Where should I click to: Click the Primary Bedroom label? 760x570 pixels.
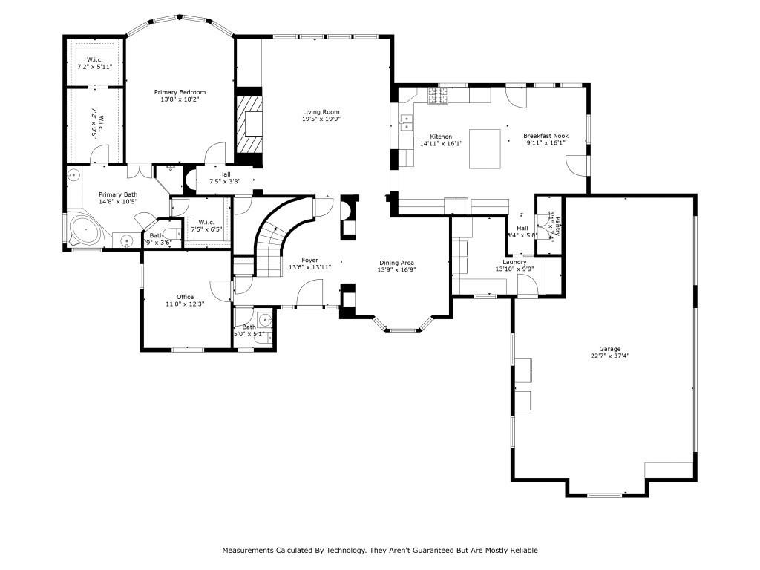(180, 92)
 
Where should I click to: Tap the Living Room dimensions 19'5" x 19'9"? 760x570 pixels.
(321, 119)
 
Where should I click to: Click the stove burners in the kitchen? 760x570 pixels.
(436, 95)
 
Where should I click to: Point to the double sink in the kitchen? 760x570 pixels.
(406, 122)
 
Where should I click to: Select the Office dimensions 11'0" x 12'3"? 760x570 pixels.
(185, 304)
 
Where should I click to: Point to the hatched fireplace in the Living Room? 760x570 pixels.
(249, 124)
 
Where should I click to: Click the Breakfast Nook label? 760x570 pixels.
(546, 136)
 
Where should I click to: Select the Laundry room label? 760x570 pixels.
(514, 262)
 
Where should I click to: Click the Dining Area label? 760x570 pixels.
(396, 263)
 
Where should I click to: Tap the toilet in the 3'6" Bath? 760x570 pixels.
(170, 232)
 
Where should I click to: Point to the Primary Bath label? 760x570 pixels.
(118, 195)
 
